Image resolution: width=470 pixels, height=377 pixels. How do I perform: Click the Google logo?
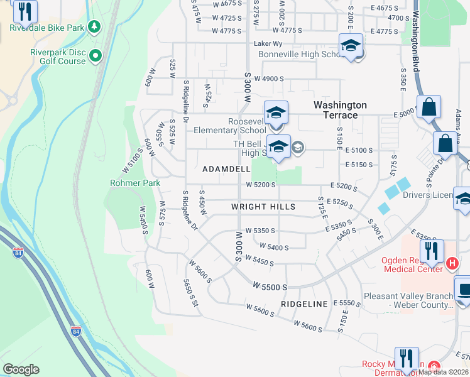(21, 369)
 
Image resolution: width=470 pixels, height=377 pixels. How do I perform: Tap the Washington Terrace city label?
(340, 110)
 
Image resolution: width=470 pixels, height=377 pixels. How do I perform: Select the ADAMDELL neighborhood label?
(226, 170)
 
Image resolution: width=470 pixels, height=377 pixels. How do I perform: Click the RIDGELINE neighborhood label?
(304, 304)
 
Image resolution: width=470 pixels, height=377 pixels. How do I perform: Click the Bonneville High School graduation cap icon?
(351, 45)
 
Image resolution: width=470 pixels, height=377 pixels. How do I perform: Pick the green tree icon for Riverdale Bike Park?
(94, 26)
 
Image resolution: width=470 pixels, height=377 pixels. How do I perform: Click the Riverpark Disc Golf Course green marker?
(96, 57)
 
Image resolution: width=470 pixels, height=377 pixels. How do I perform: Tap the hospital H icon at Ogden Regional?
(451, 261)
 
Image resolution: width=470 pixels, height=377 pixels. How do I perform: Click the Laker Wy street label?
(268, 44)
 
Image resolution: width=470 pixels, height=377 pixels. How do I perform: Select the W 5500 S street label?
(270, 287)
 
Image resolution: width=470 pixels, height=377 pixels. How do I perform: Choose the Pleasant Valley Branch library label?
(408, 300)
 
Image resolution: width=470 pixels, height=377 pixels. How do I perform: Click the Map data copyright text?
(444, 372)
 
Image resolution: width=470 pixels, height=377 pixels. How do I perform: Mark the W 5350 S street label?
(261, 231)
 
